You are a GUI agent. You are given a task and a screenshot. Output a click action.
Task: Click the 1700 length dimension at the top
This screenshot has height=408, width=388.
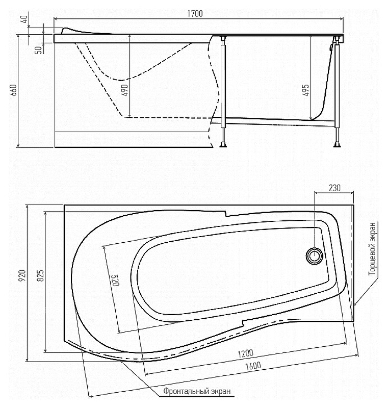click(x=195, y=14)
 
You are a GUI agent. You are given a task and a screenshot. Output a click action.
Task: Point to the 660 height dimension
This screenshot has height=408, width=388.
click(x=14, y=90)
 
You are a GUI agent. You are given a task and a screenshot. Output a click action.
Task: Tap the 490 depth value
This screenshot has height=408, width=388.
click(x=125, y=90)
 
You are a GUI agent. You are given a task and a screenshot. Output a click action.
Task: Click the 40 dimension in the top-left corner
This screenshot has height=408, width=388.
click(x=23, y=19)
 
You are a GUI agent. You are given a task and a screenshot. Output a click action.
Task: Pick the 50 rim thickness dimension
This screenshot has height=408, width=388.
click(x=38, y=50)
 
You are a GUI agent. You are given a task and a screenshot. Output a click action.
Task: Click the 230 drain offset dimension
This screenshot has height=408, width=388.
click(x=334, y=188)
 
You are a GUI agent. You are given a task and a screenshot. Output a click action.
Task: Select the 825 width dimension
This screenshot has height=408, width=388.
click(x=40, y=276)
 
